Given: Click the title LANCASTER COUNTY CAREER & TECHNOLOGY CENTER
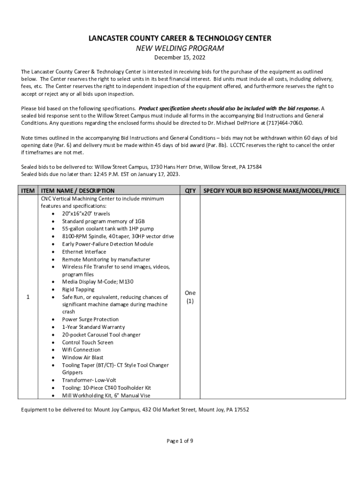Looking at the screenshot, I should point(180,38).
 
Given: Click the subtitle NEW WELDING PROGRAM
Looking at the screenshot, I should point(180,48).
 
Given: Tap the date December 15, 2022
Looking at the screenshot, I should point(180,58).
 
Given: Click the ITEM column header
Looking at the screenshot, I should point(28,191).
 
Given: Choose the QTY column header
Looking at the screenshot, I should point(190,191).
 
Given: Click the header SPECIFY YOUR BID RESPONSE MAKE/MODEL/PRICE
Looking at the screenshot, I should point(274,191).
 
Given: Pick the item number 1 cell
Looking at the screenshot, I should point(28,297).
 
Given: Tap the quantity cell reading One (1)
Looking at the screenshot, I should point(190,297).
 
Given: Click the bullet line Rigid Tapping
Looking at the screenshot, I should point(78,290).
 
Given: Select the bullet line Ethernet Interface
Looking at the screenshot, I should point(84,252).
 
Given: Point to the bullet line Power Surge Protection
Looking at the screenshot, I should point(90,319).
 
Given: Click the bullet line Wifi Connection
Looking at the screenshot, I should point(81,350).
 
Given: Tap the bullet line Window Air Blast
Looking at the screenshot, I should point(83,357).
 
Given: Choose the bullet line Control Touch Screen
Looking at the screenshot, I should point(87,342).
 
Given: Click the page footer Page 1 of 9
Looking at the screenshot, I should point(180,441).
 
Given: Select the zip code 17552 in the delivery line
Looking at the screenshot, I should point(240,410).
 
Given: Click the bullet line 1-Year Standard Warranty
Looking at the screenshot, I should point(94,327).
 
